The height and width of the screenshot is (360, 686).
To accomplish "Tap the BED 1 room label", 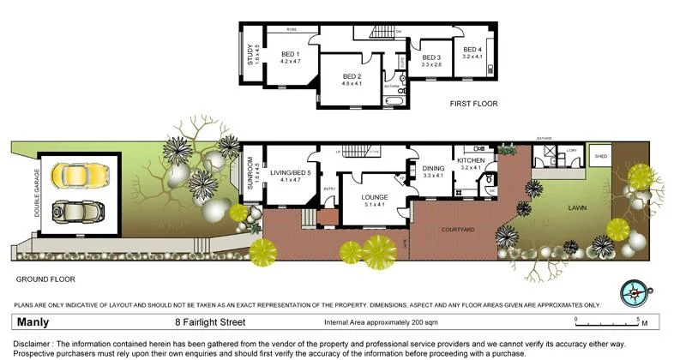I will pos(291,54).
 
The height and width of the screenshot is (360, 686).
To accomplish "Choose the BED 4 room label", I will pos(472,50).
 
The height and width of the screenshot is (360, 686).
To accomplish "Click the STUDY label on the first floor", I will pos(250,54).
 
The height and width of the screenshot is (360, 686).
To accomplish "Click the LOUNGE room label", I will pos(375,196).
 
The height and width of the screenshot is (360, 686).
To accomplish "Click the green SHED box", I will pos(600,156).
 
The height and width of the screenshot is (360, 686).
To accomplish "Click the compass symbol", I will pos(632,290).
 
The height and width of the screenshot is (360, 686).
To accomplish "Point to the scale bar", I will pos(608,320).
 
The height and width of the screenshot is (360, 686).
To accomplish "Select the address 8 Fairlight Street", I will pos(211,323).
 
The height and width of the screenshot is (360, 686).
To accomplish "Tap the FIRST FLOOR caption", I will pos(473,104).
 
